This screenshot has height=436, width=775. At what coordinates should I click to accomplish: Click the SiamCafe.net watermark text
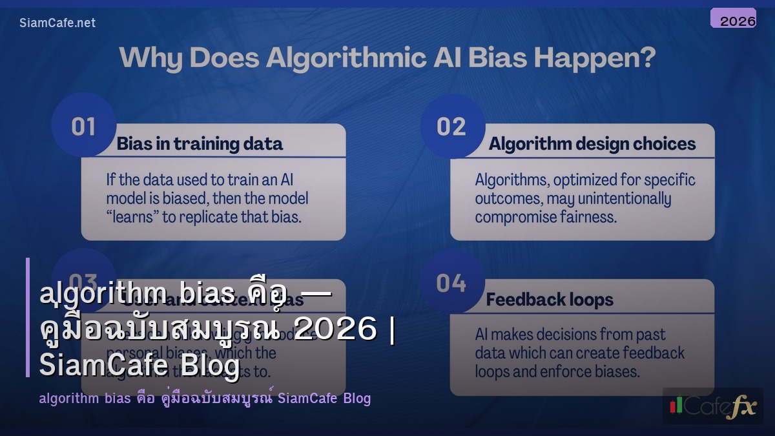point(57,23)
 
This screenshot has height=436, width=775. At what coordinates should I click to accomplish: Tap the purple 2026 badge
point(733,19)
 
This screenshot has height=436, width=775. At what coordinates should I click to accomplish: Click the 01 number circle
point(83,126)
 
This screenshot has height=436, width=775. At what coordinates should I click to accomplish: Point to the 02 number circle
point(451,126)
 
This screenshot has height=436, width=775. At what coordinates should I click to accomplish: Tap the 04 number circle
point(451,282)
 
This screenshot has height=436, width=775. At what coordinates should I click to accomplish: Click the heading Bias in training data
point(200,143)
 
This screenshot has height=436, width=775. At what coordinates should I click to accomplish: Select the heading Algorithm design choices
point(592,143)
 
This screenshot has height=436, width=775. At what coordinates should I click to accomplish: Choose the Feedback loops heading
point(550,300)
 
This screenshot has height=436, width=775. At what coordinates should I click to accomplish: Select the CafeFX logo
point(712,406)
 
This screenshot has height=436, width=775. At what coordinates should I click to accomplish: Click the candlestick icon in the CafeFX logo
point(676,405)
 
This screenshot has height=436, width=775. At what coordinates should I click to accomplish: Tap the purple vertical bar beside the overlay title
point(28,317)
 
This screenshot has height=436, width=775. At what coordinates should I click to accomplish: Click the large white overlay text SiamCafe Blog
point(139,366)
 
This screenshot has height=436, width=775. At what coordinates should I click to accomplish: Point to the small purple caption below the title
point(205,398)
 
